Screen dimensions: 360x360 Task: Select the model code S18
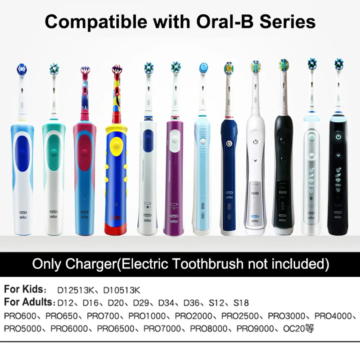tap(241, 302)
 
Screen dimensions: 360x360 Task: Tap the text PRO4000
tap(332, 315)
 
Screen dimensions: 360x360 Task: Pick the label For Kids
tap(25, 289)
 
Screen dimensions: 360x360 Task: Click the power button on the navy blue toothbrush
tap(229, 144)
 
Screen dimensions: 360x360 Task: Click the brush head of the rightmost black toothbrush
tap(338, 65)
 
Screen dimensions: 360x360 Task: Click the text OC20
tap(293, 328)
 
